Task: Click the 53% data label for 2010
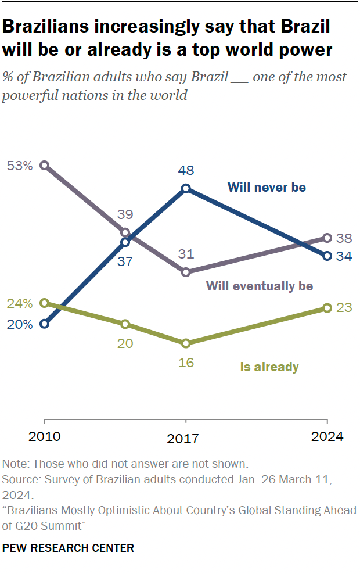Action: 19,166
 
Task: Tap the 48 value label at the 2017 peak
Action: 186,171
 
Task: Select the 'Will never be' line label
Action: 267,187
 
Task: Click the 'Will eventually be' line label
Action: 260,286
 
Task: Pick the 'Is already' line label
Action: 269,367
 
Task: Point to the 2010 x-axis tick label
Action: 45,437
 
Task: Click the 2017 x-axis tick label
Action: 186,439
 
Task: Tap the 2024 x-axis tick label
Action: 327,437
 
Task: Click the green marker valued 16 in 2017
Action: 186,343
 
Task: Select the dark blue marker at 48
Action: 186,188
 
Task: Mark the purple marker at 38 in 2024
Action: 327,238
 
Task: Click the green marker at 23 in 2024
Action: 327,308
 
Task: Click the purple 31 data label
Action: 186,254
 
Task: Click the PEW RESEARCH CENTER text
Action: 68,548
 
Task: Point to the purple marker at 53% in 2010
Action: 45,166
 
